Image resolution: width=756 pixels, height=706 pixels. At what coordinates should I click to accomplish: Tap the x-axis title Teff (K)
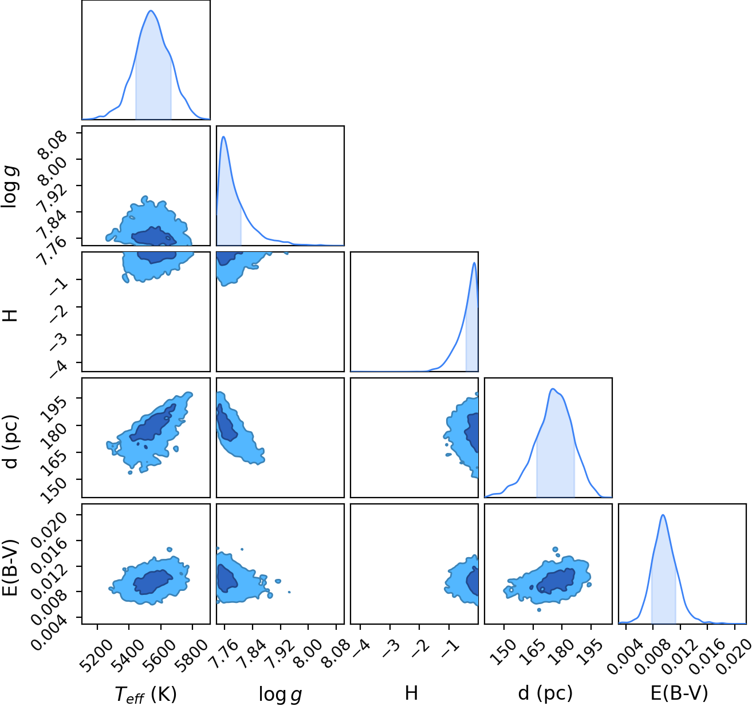[146, 694]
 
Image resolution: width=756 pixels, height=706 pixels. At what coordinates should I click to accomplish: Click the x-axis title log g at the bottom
[280, 695]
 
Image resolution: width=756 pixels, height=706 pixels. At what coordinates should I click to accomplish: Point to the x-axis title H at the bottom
[411, 693]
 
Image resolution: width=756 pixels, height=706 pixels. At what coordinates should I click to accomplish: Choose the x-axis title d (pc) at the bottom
[545, 694]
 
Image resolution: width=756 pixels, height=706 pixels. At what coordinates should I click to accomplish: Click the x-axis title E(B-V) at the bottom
[679, 693]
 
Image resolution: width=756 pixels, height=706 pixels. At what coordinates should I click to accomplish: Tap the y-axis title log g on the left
[10, 187]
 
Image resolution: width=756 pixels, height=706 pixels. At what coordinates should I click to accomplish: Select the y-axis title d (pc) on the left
[10, 441]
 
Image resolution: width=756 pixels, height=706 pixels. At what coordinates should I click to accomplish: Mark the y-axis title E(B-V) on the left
[10, 567]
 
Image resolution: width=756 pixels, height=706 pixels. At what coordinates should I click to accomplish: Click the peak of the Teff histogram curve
[151, 10]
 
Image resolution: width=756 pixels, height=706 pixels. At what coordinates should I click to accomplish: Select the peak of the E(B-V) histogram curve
[663, 515]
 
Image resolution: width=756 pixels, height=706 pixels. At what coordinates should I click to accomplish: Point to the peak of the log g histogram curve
[223, 136]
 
